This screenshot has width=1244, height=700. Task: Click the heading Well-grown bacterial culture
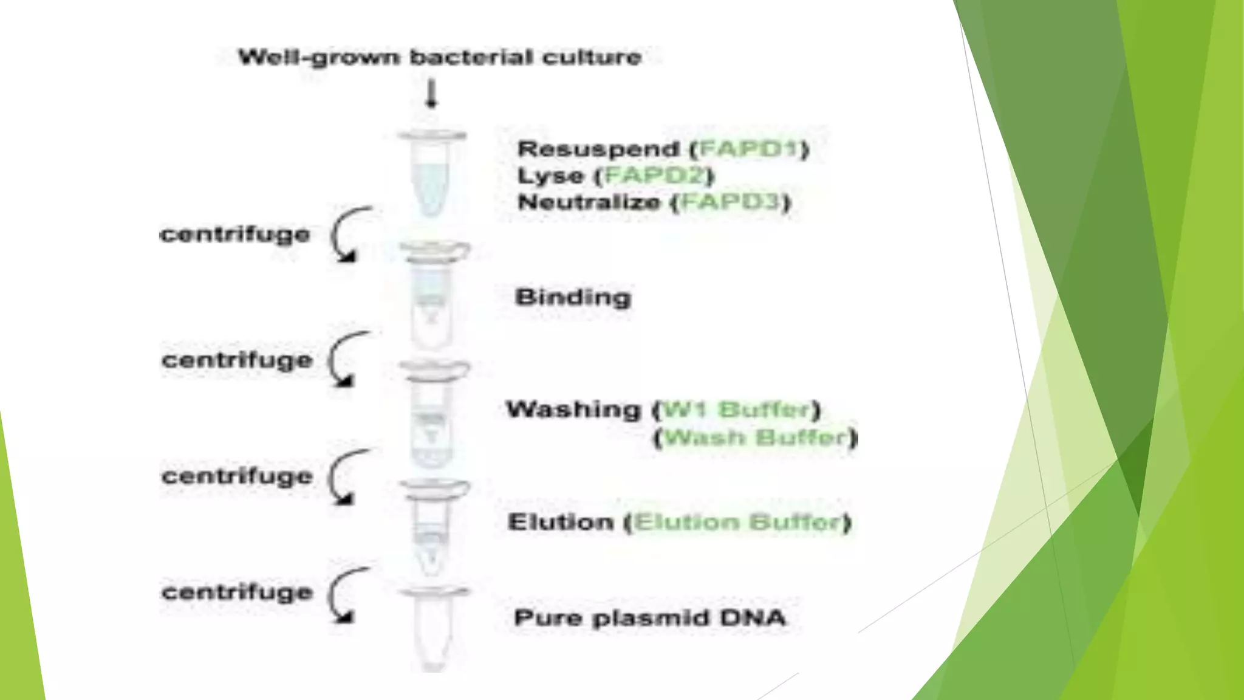point(440,57)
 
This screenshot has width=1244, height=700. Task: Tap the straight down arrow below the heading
point(431,95)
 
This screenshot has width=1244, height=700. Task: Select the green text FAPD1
point(748,149)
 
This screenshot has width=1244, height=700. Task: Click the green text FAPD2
point(655,176)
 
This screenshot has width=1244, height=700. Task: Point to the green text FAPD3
point(730,202)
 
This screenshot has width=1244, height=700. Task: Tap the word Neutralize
point(589,202)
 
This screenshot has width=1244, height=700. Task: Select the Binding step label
point(573,297)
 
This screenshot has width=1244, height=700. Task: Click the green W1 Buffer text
point(736,410)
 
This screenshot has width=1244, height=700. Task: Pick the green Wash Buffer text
point(756,437)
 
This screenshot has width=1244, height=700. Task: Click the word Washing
point(573,410)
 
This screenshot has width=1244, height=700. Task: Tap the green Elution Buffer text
point(737,522)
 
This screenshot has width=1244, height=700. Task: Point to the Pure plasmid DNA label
point(650,618)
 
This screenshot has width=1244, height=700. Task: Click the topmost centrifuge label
point(235,234)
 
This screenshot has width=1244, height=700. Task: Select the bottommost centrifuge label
point(237,592)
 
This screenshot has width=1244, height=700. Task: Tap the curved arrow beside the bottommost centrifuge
point(346,595)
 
